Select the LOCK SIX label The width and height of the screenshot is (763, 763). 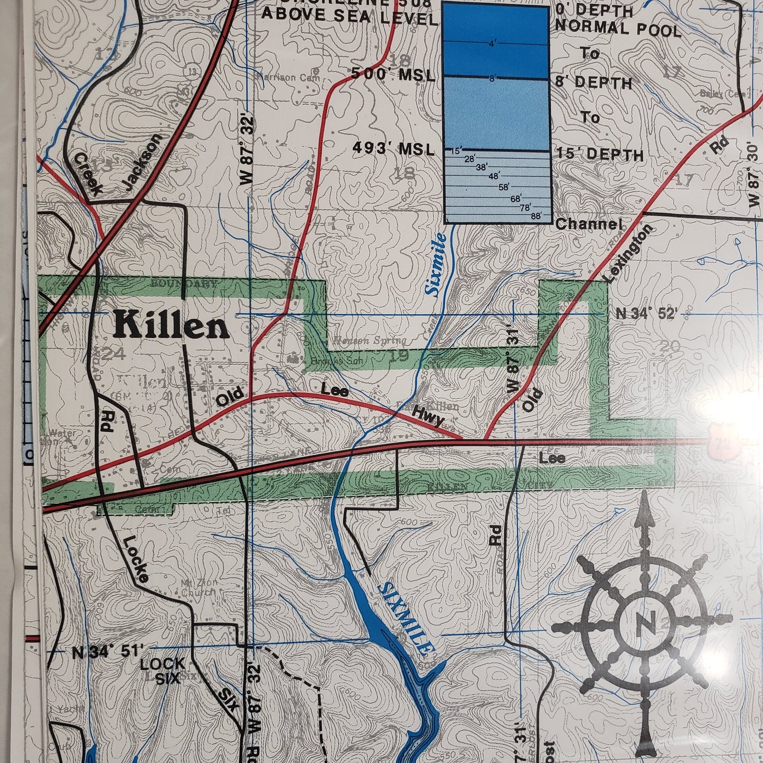163,671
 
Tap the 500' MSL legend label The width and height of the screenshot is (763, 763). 393,76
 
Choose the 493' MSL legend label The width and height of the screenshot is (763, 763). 394,150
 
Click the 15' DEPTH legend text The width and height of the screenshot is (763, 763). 600,155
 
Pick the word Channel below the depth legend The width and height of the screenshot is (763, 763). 588,224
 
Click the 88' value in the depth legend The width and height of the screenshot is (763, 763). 536,215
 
